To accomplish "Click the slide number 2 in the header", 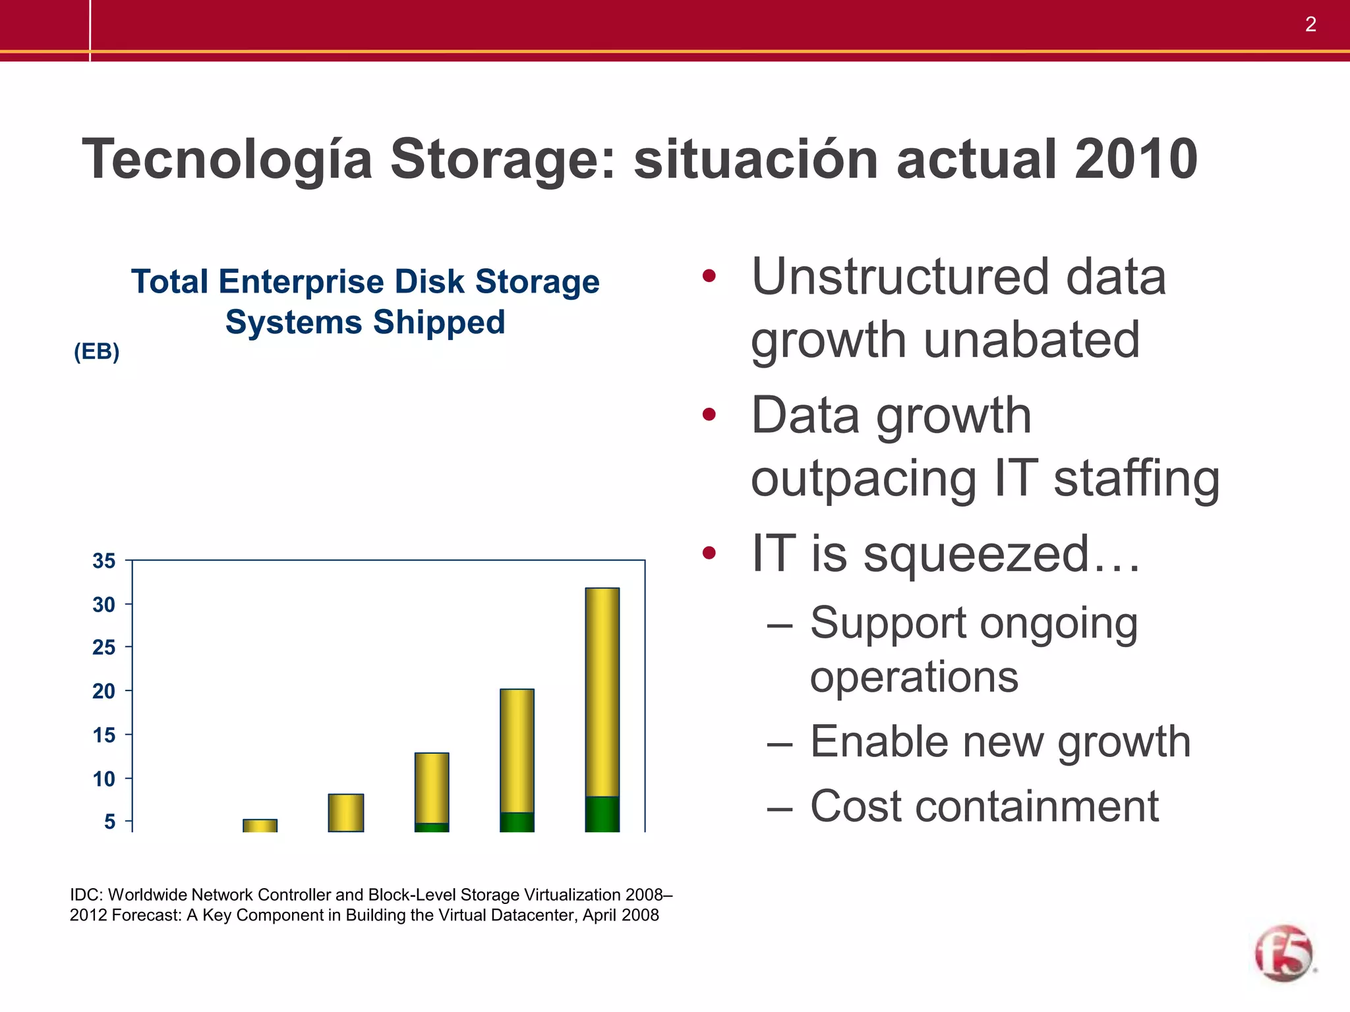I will click(x=1310, y=25).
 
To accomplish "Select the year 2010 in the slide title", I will click(x=1136, y=159).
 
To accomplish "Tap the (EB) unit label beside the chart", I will click(x=96, y=352).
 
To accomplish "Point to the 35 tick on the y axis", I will click(x=104, y=561).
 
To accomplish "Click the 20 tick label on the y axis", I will click(x=104, y=692).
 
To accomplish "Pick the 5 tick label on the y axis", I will click(x=109, y=822).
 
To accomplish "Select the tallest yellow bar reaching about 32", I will click(x=602, y=692).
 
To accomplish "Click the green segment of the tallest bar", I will click(x=602, y=814).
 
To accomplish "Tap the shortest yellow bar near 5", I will click(x=260, y=826).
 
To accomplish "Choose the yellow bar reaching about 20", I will click(x=517, y=751).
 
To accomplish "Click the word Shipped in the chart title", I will click(x=439, y=323).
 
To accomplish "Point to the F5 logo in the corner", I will click(x=1283, y=953).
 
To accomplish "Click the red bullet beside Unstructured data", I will click(x=709, y=276).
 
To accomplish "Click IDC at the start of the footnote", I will click(x=86, y=895).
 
